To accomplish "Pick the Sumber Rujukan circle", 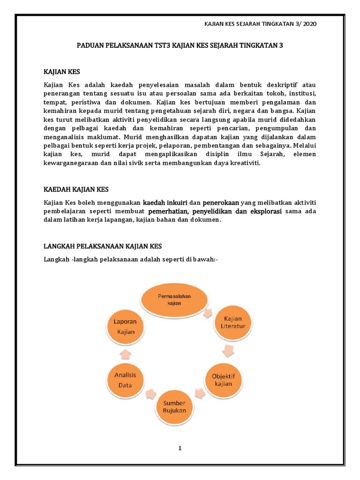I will (174, 406).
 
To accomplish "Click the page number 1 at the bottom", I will (180, 448).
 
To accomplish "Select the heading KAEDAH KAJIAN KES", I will (76, 189).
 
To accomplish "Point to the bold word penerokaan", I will (221, 203).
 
